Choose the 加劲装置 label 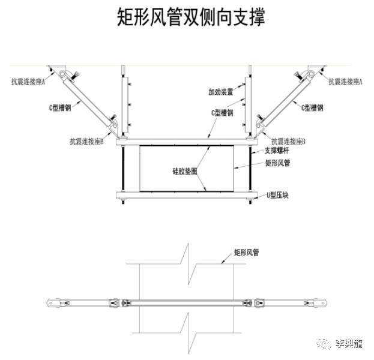[x=220, y=92]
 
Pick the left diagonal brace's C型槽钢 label [x=61, y=108]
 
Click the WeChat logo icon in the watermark [x=325, y=344]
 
